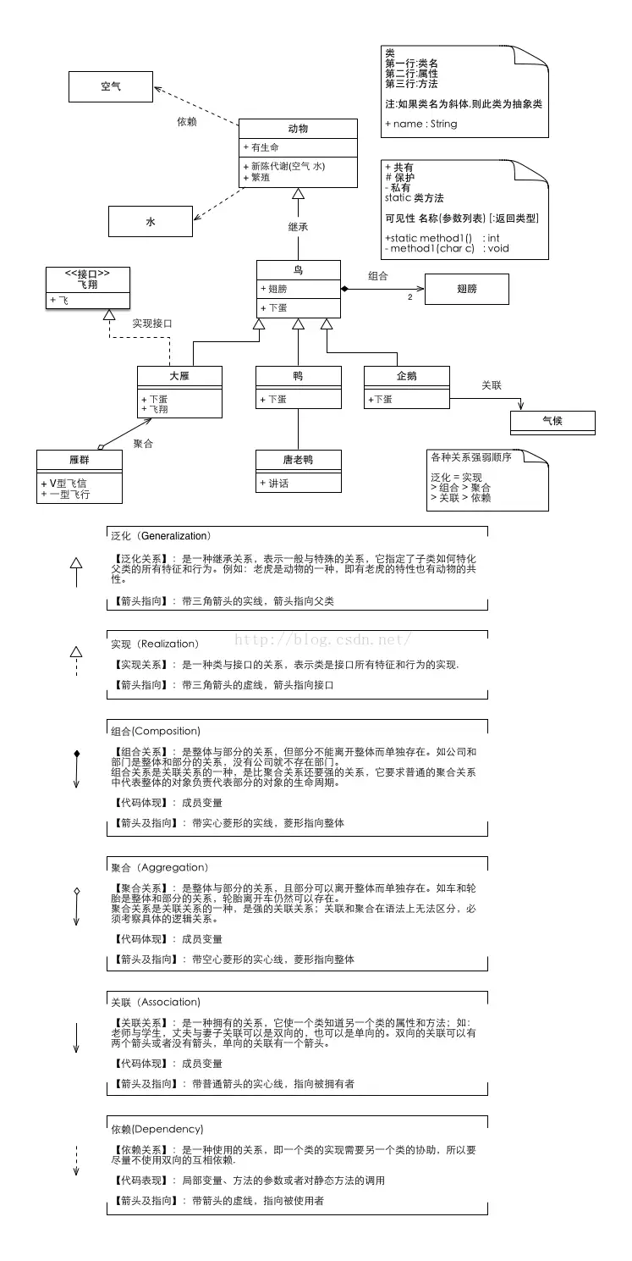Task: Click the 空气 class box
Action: tap(110, 86)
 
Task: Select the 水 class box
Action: tap(150, 222)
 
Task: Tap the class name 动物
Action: tap(298, 129)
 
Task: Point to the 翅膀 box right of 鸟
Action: tap(466, 289)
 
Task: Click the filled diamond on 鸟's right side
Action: tap(345, 290)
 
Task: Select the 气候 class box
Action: tap(552, 421)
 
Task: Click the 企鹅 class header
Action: tap(406, 375)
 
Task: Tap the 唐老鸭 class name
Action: tap(298, 460)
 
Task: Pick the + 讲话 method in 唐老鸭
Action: tap(274, 483)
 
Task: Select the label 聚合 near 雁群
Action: tap(144, 444)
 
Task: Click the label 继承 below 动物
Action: tap(297, 227)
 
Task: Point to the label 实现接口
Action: tap(152, 324)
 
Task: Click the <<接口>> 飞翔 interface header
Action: tap(88, 279)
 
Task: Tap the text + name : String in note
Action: tap(420, 124)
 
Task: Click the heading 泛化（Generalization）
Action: tap(161, 536)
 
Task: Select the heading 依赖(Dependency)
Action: tap(157, 1129)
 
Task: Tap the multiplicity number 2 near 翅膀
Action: tap(409, 297)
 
